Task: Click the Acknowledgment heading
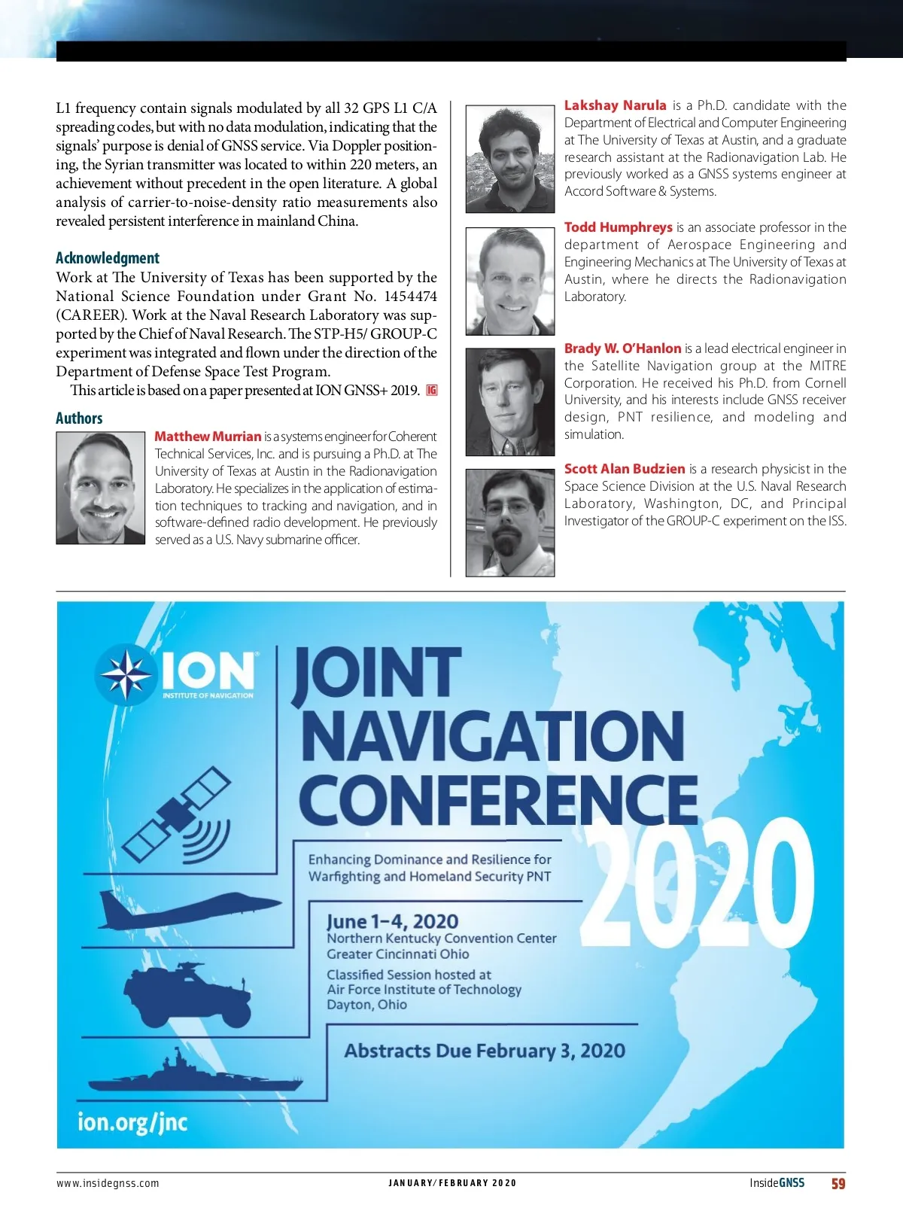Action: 108,258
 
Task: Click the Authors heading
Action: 79,418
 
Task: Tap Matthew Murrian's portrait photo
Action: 101,488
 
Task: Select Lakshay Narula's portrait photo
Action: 510,160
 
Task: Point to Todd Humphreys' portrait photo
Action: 510,281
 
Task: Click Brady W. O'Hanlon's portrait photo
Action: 510,402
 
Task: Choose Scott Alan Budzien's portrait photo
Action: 510,523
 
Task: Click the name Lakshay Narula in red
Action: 615,105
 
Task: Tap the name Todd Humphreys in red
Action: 618,227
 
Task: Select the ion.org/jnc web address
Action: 132,1122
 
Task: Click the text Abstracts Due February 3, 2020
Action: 484,1051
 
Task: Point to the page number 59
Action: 838,1184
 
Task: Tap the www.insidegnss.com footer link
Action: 108,1183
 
